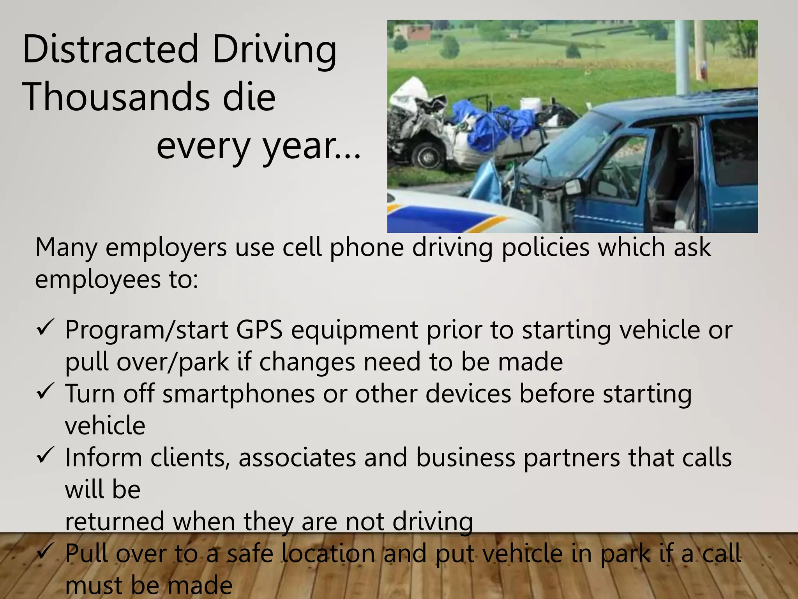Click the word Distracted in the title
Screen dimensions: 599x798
[111, 50]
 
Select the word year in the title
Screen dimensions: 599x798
[299, 147]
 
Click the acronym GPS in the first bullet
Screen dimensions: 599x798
[259, 330]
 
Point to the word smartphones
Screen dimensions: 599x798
[238, 393]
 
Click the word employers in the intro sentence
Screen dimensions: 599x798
[166, 248]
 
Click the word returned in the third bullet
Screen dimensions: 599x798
[115, 521]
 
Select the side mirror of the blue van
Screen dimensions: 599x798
[572, 187]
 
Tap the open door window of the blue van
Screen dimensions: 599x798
[623, 164]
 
